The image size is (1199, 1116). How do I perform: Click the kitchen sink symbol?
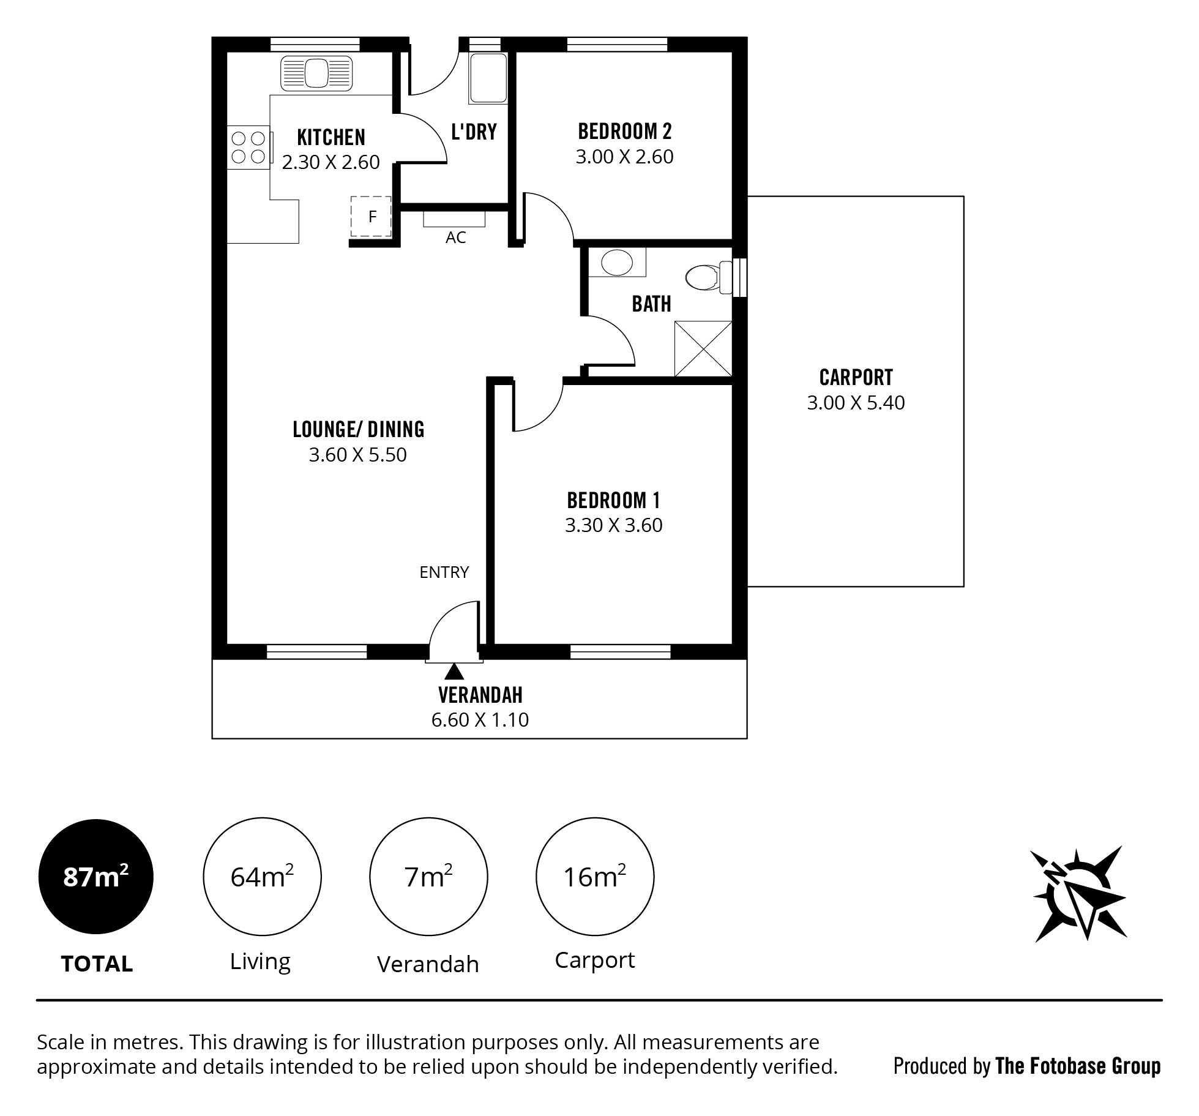click(x=316, y=73)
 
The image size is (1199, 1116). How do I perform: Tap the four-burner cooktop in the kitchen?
click(x=248, y=148)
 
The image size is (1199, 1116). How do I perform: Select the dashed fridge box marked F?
click(x=371, y=216)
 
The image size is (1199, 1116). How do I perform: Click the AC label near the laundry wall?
click(x=455, y=238)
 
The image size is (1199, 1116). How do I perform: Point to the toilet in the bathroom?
click(x=708, y=277)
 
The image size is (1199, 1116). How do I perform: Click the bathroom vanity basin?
click(x=616, y=263)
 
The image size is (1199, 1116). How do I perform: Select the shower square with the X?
click(x=703, y=349)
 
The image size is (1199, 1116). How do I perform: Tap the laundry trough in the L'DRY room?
click(x=488, y=78)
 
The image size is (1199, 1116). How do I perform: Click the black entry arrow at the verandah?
click(x=454, y=672)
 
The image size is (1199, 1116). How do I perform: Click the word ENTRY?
click(x=444, y=572)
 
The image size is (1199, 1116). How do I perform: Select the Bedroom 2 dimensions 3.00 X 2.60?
click(x=624, y=157)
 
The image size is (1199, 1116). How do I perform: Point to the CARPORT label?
click(x=856, y=377)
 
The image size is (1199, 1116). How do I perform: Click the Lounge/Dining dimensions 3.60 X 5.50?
click(x=357, y=455)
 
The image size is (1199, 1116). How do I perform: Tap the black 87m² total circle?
click(x=96, y=877)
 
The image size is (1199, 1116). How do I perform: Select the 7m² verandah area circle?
click(x=428, y=877)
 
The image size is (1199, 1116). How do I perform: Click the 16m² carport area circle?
click(x=594, y=877)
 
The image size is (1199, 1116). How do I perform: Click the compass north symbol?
click(x=1078, y=894)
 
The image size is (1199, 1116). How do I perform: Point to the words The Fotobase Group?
click(x=1078, y=1066)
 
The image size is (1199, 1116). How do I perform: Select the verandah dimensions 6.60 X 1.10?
click(x=480, y=719)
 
